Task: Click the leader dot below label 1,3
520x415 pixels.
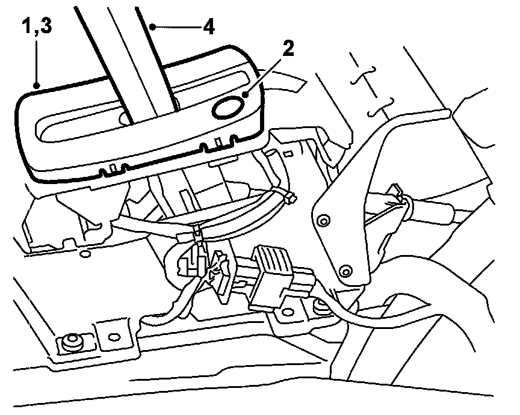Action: coord(37,86)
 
